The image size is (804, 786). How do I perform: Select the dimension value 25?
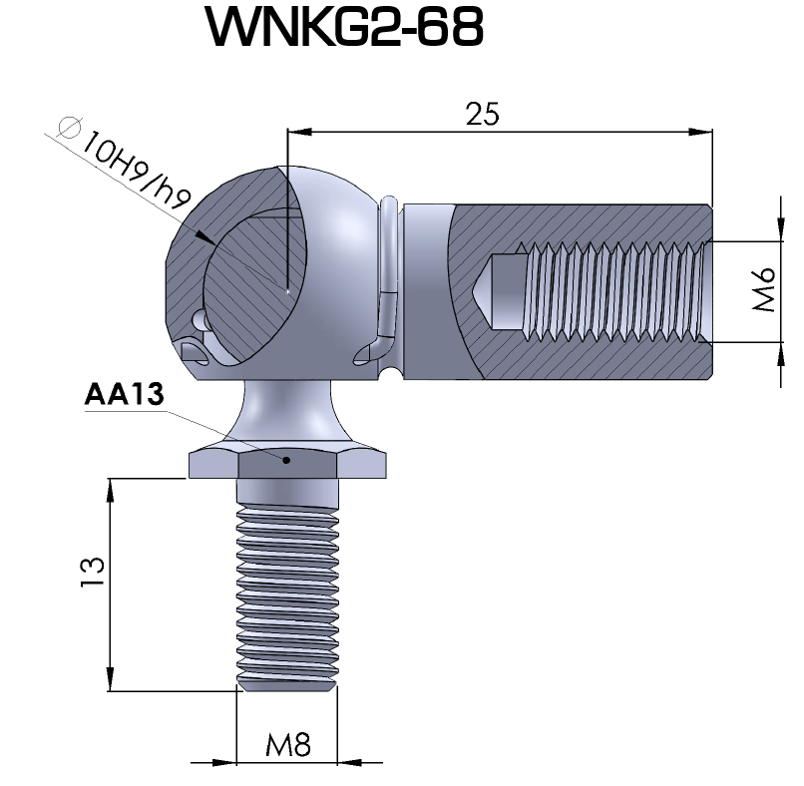(x=483, y=115)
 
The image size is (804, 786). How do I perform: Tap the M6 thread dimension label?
(x=763, y=291)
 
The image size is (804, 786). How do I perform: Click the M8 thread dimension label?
(x=289, y=744)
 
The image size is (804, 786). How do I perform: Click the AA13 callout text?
(x=124, y=395)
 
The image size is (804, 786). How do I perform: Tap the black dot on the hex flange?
(x=287, y=460)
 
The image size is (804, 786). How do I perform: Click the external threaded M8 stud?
(x=287, y=589)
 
